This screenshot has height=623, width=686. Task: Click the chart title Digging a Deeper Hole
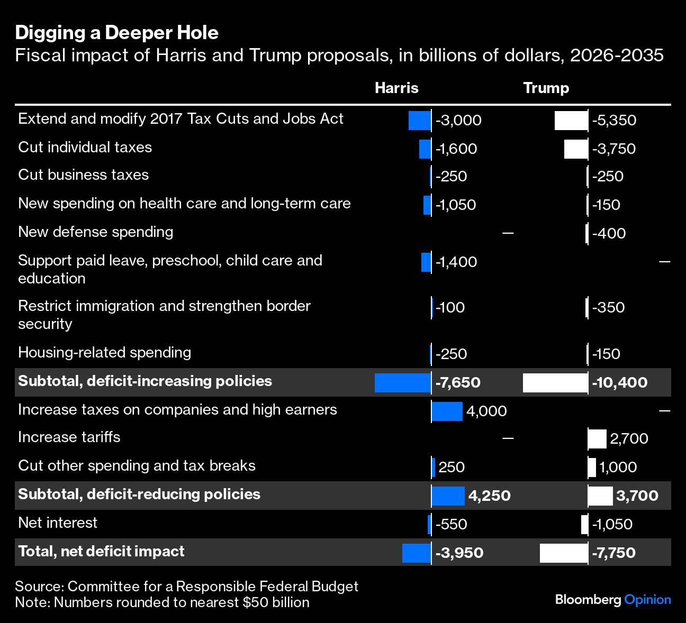(116, 33)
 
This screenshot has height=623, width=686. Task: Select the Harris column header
(396, 88)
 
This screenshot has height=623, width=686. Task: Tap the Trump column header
(546, 88)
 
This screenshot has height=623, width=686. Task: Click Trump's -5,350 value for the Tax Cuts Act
(614, 121)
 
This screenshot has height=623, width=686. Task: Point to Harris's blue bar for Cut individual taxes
(425, 149)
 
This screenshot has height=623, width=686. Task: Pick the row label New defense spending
(96, 232)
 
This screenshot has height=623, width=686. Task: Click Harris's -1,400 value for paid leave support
(456, 262)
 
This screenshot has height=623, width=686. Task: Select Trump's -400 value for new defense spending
(609, 233)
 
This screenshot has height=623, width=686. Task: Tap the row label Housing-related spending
(104, 353)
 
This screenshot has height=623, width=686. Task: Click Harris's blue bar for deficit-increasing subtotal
(402, 382)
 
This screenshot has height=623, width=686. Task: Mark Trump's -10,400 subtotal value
(619, 382)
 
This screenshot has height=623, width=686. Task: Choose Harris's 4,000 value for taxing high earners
(486, 411)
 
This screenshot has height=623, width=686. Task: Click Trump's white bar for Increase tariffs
(597, 438)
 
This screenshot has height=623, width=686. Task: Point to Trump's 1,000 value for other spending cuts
(618, 467)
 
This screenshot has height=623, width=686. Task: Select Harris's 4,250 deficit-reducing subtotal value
(490, 496)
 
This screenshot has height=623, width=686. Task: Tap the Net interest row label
(58, 523)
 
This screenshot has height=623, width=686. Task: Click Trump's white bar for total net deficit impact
(564, 553)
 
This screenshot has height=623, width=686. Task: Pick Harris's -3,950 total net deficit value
(459, 553)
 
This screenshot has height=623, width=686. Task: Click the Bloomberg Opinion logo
(613, 600)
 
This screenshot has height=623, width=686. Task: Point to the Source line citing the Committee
(186, 586)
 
